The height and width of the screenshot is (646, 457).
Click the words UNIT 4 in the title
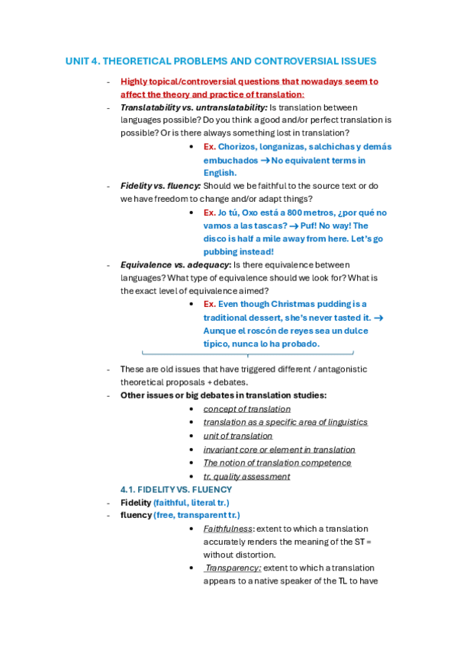(82, 61)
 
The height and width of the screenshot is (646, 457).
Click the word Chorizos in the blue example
(237, 146)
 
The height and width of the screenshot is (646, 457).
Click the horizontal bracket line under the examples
(248, 354)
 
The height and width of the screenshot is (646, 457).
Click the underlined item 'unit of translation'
(237, 436)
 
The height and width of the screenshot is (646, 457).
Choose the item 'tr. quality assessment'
(246, 476)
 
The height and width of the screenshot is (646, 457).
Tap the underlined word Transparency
(233, 568)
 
